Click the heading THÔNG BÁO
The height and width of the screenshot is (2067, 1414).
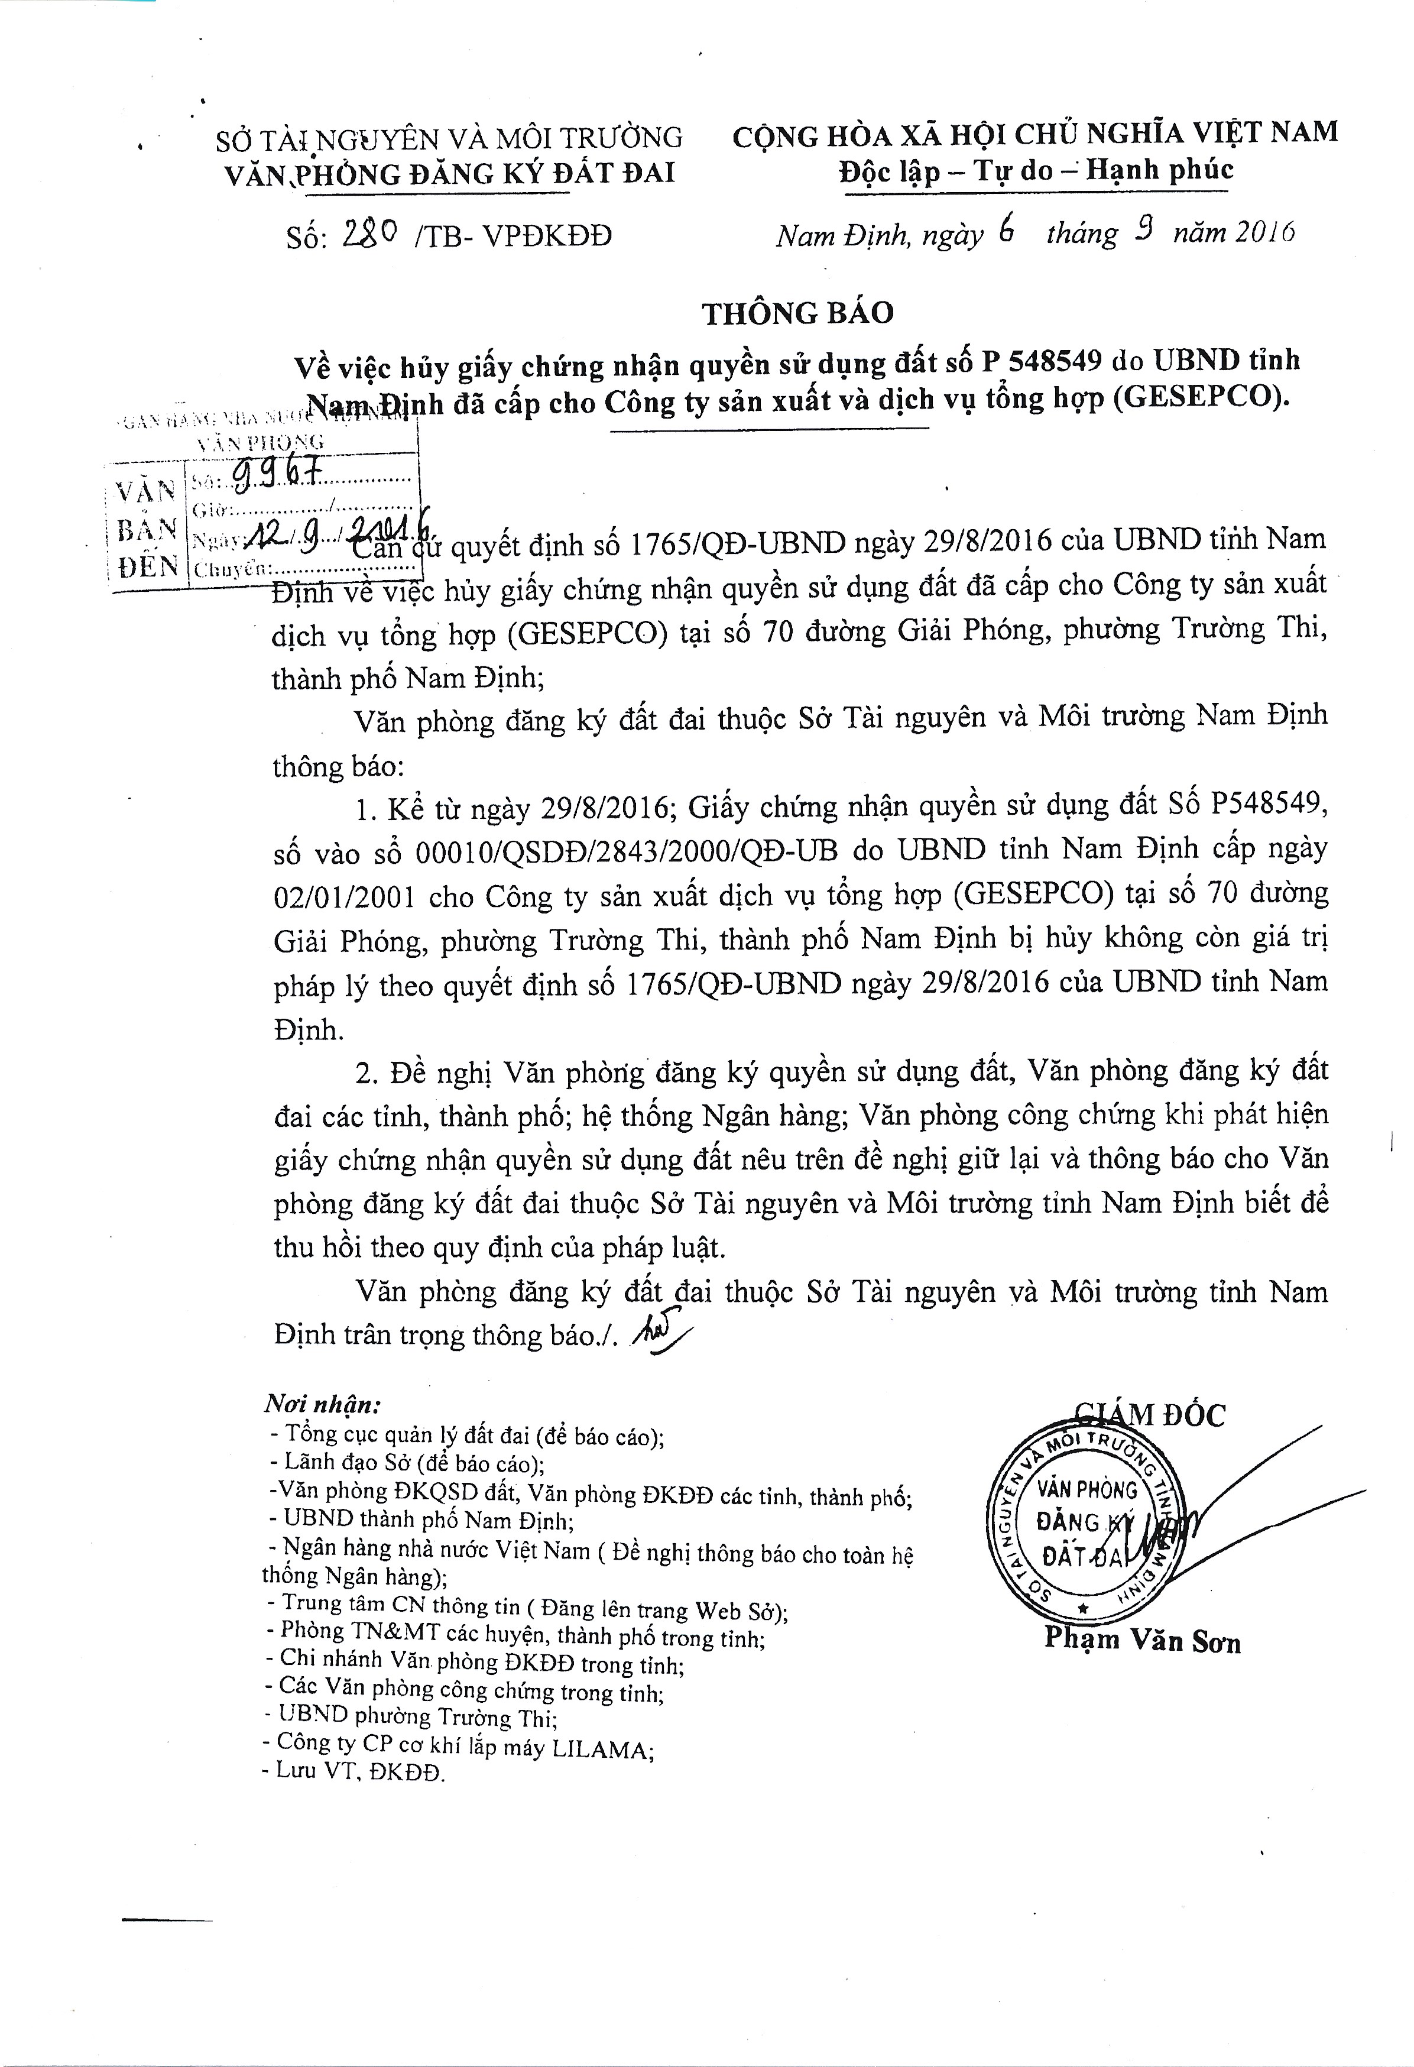coord(797,313)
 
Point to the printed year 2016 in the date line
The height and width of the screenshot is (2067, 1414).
coord(1264,232)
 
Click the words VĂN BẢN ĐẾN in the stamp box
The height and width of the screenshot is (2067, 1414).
coord(147,529)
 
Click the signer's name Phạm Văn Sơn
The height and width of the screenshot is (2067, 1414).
coord(1142,1639)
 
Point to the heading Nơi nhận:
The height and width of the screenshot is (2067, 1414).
coord(322,1404)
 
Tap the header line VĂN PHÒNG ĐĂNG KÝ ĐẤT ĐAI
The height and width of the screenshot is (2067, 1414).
coord(449,173)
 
